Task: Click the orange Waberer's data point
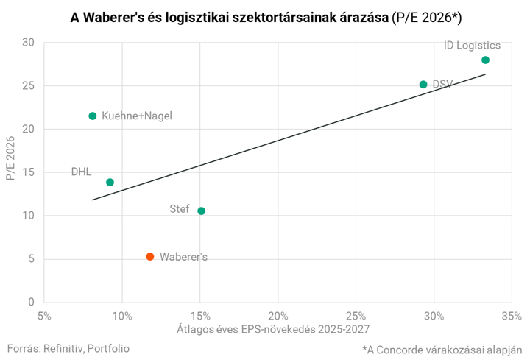click(150, 256)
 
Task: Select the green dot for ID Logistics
click(485, 60)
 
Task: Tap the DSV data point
click(423, 85)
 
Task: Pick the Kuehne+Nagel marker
click(93, 116)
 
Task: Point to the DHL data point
click(110, 182)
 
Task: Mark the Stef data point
click(202, 211)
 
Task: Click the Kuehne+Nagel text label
click(136, 116)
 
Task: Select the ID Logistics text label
click(472, 46)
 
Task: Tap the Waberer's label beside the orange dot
click(183, 257)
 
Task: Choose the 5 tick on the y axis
click(31, 259)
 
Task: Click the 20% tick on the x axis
click(278, 317)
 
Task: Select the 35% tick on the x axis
click(512, 317)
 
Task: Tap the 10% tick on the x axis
click(122, 317)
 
